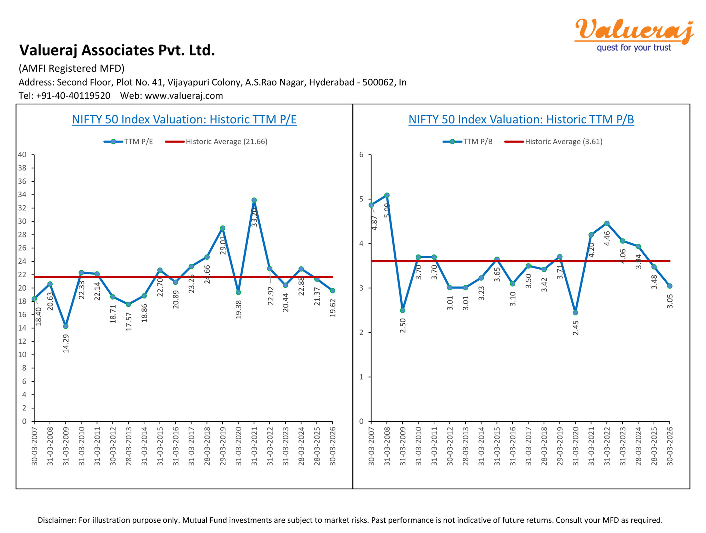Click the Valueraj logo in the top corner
[634, 34]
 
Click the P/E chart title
[184, 119]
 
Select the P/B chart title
[521, 119]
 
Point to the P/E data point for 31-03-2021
[254, 200]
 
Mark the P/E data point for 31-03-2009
[66, 326]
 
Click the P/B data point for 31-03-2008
[387, 195]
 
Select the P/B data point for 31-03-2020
[575, 313]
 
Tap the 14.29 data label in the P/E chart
[66, 343]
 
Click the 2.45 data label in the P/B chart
[575, 328]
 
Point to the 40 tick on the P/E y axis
[22, 154]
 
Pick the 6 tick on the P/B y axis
[361, 154]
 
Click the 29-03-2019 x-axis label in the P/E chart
[223, 446]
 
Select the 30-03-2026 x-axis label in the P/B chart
[670, 446]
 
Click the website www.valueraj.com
[184, 96]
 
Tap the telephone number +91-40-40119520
[73, 96]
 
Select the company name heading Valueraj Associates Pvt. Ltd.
[117, 50]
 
